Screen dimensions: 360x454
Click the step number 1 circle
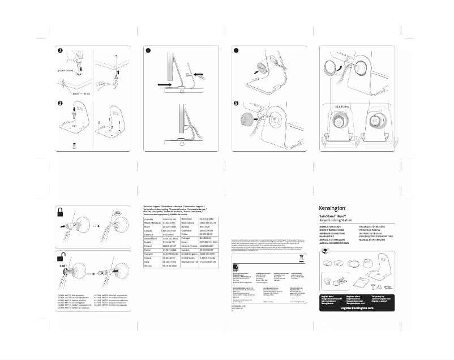coord(59,50)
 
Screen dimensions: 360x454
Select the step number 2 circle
coord(59,104)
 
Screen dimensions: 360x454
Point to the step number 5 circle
coord(236,104)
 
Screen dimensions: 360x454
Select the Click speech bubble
coord(118,213)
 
